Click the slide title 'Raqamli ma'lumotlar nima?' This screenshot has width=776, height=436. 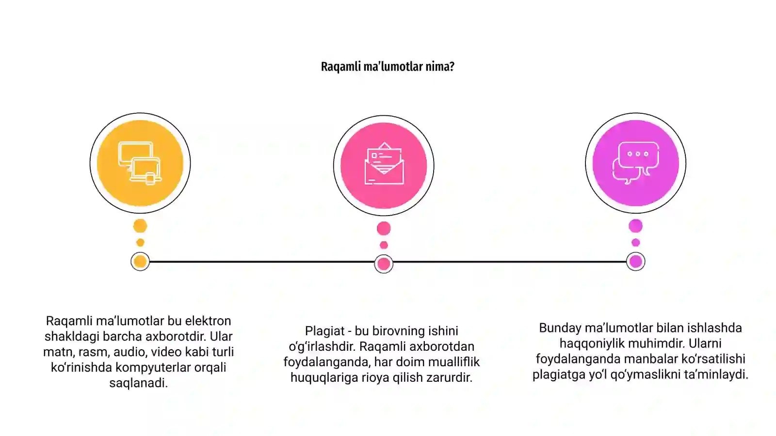tap(388, 66)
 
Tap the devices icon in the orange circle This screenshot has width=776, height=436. tap(140, 163)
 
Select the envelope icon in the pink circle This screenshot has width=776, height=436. tap(384, 163)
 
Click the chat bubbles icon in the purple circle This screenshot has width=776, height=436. tap(636, 163)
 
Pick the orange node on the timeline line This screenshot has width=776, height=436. tap(140, 262)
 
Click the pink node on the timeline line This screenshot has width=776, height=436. tap(384, 264)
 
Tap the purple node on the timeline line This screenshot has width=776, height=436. tap(636, 262)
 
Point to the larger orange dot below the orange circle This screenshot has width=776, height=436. tap(140, 226)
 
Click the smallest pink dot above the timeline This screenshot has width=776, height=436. tap(384, 245)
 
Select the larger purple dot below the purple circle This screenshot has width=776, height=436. tap(636, 226)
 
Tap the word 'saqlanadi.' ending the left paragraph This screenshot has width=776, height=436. tap(139, 383)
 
